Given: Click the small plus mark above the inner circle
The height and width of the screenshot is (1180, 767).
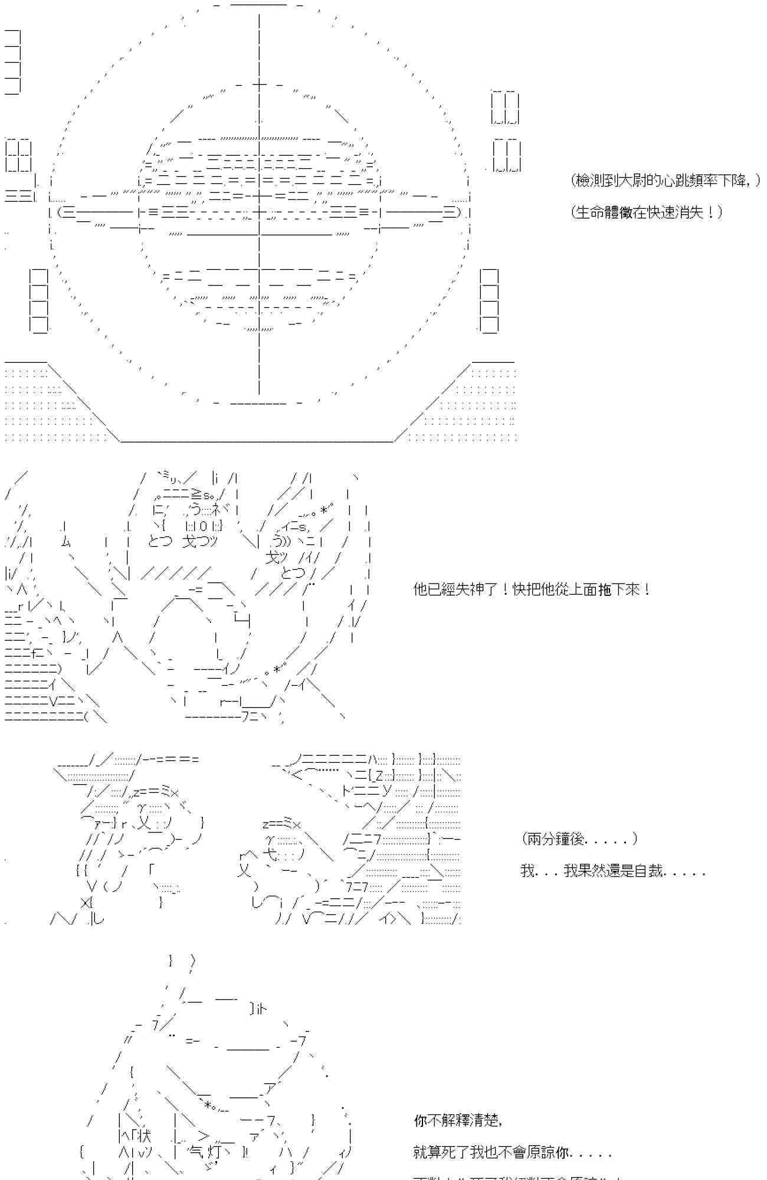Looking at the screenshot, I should (259, 85).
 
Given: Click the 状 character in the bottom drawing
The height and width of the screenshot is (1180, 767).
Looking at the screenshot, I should (145, 1136).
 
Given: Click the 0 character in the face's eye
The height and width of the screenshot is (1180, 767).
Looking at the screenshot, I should (202, 526).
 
